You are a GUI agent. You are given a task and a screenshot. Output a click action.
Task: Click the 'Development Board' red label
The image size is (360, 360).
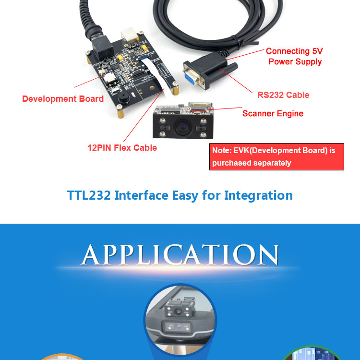(63, 99)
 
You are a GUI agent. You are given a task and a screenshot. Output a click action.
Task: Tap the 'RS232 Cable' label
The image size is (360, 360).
(283, 95)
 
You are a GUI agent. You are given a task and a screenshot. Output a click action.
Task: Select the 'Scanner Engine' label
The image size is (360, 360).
(273, 113)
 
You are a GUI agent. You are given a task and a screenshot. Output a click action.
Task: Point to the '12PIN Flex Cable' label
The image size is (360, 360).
(122, 148)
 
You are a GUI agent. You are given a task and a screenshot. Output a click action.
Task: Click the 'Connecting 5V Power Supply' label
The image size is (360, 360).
(294, 57)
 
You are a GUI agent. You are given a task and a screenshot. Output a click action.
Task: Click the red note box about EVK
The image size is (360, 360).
(276, 156)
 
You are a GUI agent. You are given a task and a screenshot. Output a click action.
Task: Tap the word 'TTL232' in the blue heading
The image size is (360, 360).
(89, 195)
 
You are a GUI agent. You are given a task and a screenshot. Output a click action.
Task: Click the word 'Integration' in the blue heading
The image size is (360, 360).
(258, 196)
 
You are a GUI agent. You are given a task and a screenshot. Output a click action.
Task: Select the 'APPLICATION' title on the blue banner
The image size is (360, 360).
(180, 255)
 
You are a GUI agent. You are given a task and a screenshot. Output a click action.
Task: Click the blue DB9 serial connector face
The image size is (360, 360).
(191, 77)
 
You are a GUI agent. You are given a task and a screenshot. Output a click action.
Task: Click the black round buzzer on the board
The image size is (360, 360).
(124, 98)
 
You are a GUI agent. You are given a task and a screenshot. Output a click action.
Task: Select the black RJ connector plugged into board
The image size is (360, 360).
(102, 48)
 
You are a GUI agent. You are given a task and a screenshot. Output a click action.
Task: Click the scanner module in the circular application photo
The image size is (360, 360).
(180, 308)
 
